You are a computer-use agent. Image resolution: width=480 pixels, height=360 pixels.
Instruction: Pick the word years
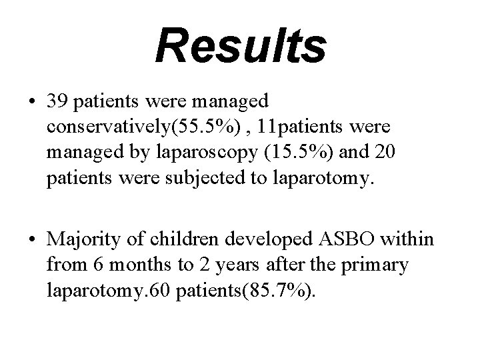pyautogui.click(x=224, y=265)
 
